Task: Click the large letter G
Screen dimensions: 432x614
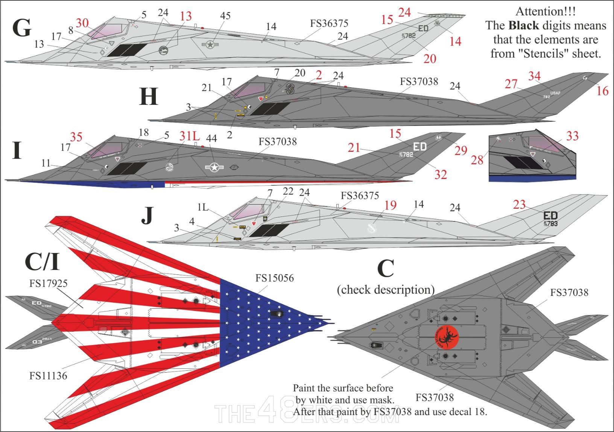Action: (x=21, y=28)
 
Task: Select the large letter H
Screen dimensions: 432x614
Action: (x=148, y=97)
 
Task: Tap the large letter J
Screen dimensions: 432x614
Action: (x=147, y=215)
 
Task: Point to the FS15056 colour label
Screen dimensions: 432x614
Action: (x=274, y=278)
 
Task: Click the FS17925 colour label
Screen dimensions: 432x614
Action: (x=48, y=283)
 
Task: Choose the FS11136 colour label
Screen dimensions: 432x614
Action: (x=48, y=375)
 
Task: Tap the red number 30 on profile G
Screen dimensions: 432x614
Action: (x=82, y=23)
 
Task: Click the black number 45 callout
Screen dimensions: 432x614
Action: (x=225, y=16)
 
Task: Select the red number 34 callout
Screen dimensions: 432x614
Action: (x=534, y=76)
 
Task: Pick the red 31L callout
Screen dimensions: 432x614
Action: (x=189, y=136)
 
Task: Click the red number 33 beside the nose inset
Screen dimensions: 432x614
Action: (x=572, y=136)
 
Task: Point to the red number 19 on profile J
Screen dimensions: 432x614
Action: (x=390, y=205)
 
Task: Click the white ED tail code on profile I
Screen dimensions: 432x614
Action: (x=419, y=146)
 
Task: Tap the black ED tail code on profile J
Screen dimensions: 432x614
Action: (x=550, y=215)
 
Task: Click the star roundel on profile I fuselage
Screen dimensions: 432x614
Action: (x=214, y=168)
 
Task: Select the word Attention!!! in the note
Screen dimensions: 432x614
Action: (x=545, y=12)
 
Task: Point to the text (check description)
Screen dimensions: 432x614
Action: (x=386, y=290)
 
